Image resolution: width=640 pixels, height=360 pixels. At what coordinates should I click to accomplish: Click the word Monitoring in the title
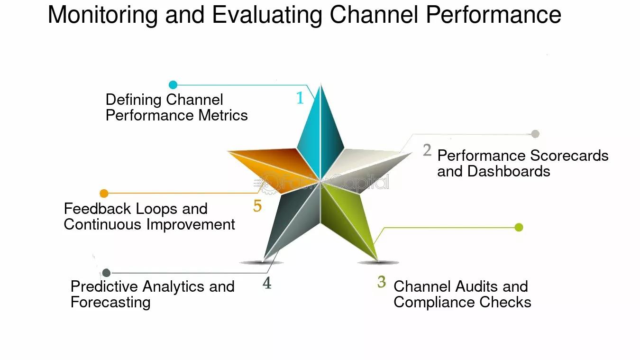102,16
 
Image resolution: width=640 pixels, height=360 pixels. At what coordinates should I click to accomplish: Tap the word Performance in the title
494,15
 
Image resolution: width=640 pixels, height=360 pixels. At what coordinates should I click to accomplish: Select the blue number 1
300,98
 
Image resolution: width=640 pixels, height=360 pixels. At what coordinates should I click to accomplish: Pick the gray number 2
427,150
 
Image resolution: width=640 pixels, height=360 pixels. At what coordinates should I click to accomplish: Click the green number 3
382,282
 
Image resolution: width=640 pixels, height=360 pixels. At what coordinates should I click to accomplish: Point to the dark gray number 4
267,283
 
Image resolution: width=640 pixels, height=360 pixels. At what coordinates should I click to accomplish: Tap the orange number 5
257,206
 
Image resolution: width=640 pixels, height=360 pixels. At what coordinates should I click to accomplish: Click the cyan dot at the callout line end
173,84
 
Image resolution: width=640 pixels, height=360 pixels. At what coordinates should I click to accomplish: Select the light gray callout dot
535,134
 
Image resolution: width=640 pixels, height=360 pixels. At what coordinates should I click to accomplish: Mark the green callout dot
519,227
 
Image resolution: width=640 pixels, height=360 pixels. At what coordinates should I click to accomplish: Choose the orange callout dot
104,194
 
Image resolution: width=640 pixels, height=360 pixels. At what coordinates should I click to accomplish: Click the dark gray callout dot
106,273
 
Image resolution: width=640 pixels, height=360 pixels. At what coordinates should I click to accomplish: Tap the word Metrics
223,116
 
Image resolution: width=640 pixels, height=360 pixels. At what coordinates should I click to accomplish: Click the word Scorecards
569,156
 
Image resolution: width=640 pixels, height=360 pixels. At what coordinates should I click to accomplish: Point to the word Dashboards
509,172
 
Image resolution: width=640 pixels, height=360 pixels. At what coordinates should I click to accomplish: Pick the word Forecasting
110,303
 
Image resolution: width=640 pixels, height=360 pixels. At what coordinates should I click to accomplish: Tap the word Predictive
104,286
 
